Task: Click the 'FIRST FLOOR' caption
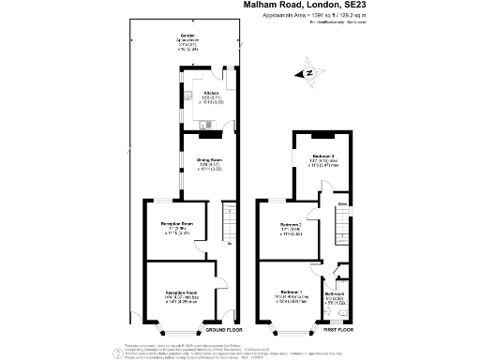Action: pos(340,331)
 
